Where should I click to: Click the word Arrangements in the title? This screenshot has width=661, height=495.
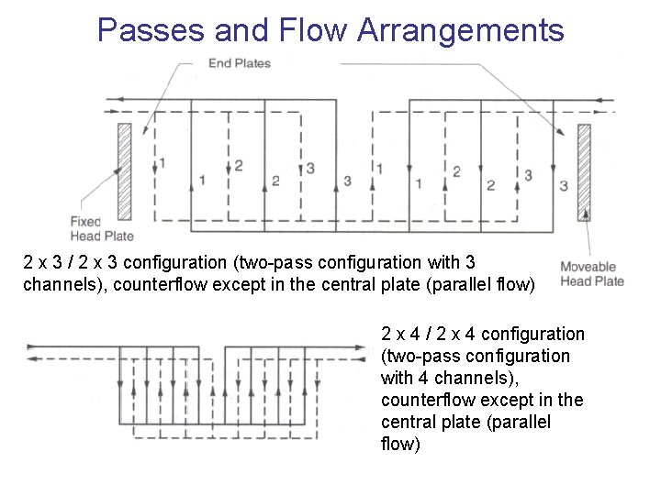(460, 30)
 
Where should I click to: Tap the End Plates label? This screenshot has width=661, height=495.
(240, 63)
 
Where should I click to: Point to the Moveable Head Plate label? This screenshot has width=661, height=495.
(592, 274)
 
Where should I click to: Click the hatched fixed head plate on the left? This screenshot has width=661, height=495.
(124, 170)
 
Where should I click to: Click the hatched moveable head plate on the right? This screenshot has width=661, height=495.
(583, 171)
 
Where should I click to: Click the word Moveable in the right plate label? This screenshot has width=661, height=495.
(588, 268)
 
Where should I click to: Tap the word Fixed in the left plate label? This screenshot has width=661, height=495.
(85, 222)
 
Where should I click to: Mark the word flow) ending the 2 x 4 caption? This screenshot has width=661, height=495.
(400, 445)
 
